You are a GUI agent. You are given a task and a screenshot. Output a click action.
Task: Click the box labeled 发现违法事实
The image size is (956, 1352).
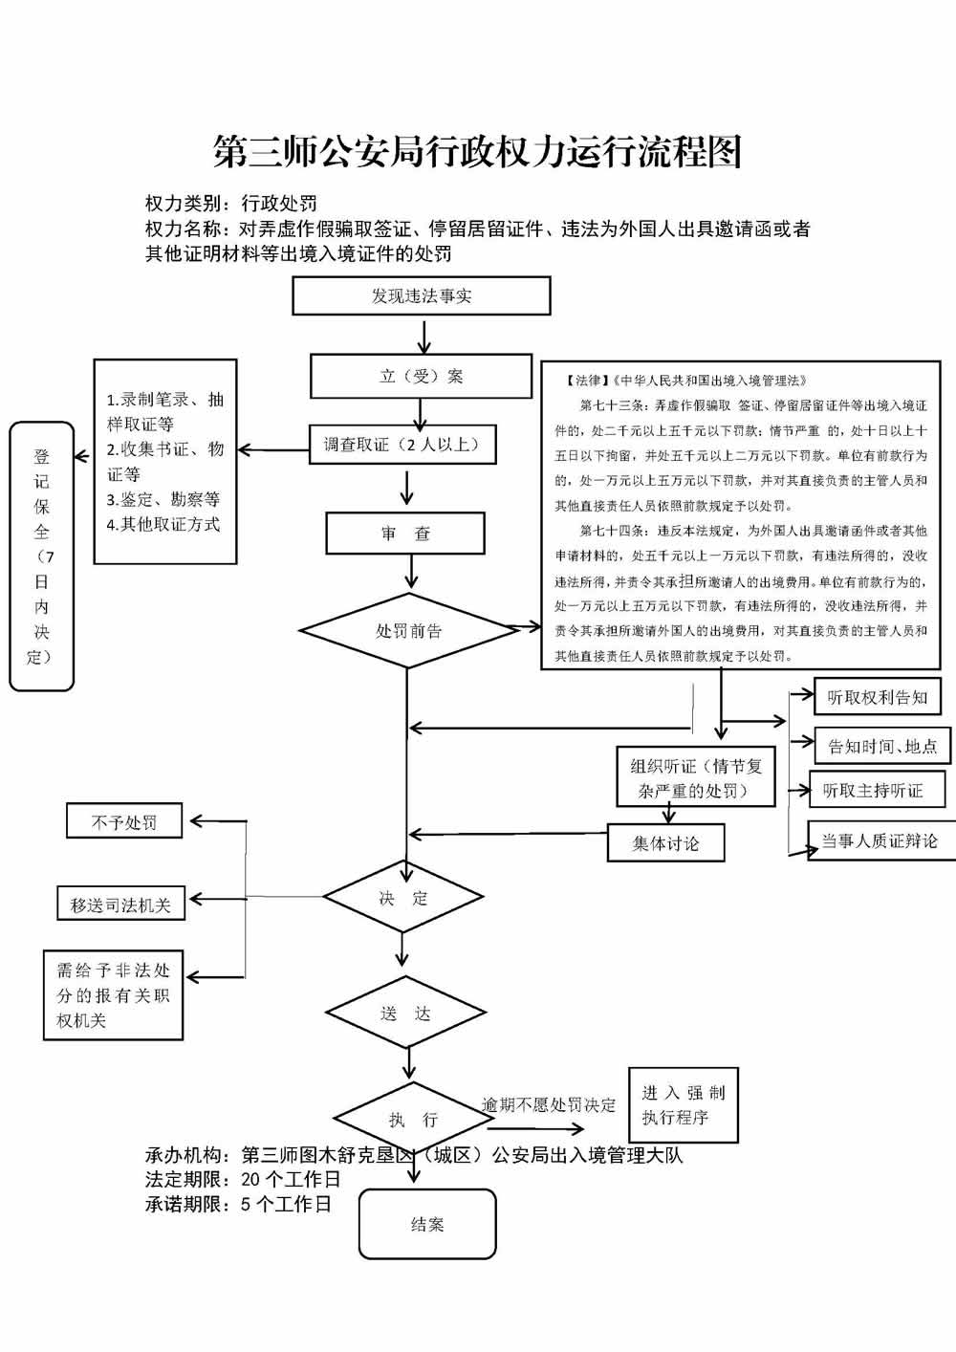coord(421,295)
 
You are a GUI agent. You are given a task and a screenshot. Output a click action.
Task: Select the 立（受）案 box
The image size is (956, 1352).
coord(421,376)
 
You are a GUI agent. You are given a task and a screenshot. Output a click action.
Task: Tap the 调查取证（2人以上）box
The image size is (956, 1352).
coord(402,445)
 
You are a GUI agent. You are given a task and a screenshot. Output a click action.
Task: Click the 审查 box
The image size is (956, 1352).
coord(405,534)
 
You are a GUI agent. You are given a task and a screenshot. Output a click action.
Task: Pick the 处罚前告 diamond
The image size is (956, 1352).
coord(408,631)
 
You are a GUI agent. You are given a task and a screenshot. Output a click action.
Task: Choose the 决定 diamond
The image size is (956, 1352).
coord(403,898)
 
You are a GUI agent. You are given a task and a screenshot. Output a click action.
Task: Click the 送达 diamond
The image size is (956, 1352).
coord(405,1013)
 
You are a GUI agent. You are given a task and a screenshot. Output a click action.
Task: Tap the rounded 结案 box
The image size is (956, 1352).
coord(427,1224)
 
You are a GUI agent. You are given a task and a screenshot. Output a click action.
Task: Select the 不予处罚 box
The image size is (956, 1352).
coord(123,821)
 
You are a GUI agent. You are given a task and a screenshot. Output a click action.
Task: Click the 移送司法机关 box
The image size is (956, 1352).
coord(120,904)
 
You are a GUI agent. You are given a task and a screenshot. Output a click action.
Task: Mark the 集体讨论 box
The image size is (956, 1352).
coord(665,843)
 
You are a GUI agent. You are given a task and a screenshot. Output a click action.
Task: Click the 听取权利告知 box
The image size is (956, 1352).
coord(877,697)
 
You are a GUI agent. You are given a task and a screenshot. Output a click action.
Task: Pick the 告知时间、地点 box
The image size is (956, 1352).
coord(882,746)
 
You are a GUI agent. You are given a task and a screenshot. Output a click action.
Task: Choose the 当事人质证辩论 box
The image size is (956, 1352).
coord(880,840)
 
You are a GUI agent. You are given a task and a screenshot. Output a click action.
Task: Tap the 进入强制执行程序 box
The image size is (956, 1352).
coord(683,1104)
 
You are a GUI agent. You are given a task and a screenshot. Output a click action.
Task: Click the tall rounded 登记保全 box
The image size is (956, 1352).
coord(41,556)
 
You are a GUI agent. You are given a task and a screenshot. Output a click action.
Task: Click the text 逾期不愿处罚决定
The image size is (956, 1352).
coord(549,1105)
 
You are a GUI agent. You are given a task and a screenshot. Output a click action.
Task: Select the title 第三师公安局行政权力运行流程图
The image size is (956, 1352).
coord(477,152)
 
